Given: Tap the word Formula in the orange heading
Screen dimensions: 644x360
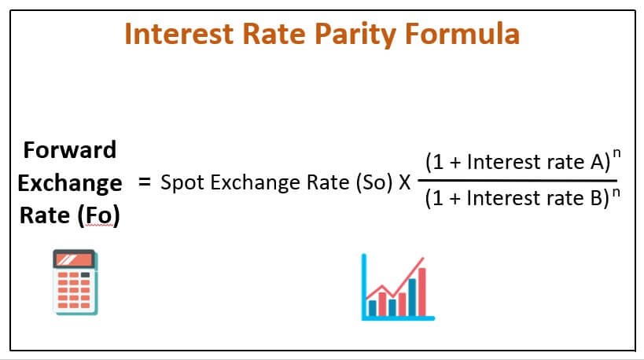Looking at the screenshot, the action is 462,33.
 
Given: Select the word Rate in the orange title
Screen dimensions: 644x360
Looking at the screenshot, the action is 274,33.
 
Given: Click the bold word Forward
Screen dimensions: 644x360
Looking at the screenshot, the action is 70,150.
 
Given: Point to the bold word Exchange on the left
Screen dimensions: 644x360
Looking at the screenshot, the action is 70,183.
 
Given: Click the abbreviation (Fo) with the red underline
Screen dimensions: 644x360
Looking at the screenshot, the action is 98,216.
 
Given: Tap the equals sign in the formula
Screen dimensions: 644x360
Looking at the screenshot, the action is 144,182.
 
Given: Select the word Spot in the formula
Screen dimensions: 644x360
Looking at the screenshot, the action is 182,183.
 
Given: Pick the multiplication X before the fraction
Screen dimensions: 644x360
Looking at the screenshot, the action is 404,182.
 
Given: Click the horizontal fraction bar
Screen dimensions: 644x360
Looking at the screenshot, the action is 517,180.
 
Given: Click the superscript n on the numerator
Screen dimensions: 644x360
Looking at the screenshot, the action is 616,152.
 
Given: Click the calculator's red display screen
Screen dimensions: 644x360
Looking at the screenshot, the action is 74,260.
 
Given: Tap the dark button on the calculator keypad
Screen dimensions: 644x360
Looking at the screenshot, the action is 85,275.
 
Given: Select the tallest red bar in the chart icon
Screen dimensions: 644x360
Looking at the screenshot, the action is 421,292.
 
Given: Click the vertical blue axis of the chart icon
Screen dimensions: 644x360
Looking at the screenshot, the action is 364,287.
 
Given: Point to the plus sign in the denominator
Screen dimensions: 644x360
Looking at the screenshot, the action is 454,199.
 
